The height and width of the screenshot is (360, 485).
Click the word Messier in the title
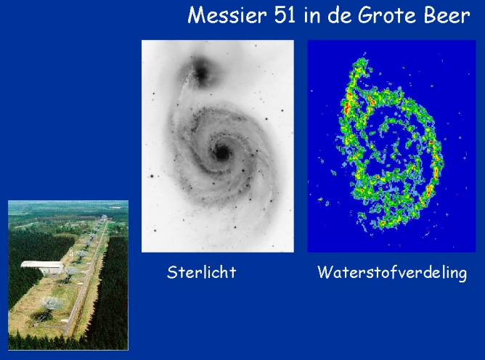[227, 15]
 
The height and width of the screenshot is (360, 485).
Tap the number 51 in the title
[285, 15]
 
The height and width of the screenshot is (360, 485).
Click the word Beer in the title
[447, 15]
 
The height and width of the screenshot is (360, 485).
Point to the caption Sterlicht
[201, 272]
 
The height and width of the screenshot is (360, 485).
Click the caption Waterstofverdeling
[392, 273]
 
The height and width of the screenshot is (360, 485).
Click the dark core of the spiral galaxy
[221, 153]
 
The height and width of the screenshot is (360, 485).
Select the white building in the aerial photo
[42, 267]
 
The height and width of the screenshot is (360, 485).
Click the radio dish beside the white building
[71, 271]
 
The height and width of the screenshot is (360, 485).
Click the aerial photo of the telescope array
[68, 275]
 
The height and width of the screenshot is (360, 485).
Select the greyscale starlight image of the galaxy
[217, 146]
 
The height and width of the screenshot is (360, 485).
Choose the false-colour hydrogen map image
[391, 146]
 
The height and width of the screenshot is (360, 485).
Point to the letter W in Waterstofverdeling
[325, 272]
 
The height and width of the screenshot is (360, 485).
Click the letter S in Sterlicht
[172, 272]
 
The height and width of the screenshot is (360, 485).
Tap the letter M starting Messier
[196, 15]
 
